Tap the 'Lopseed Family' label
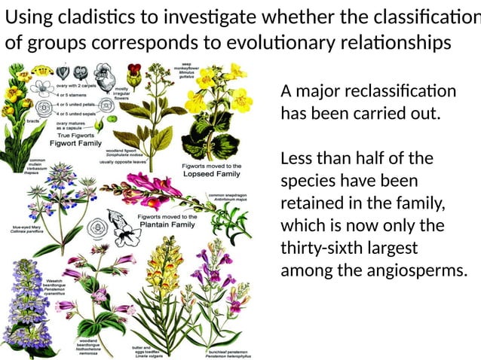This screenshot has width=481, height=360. (212, 173)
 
